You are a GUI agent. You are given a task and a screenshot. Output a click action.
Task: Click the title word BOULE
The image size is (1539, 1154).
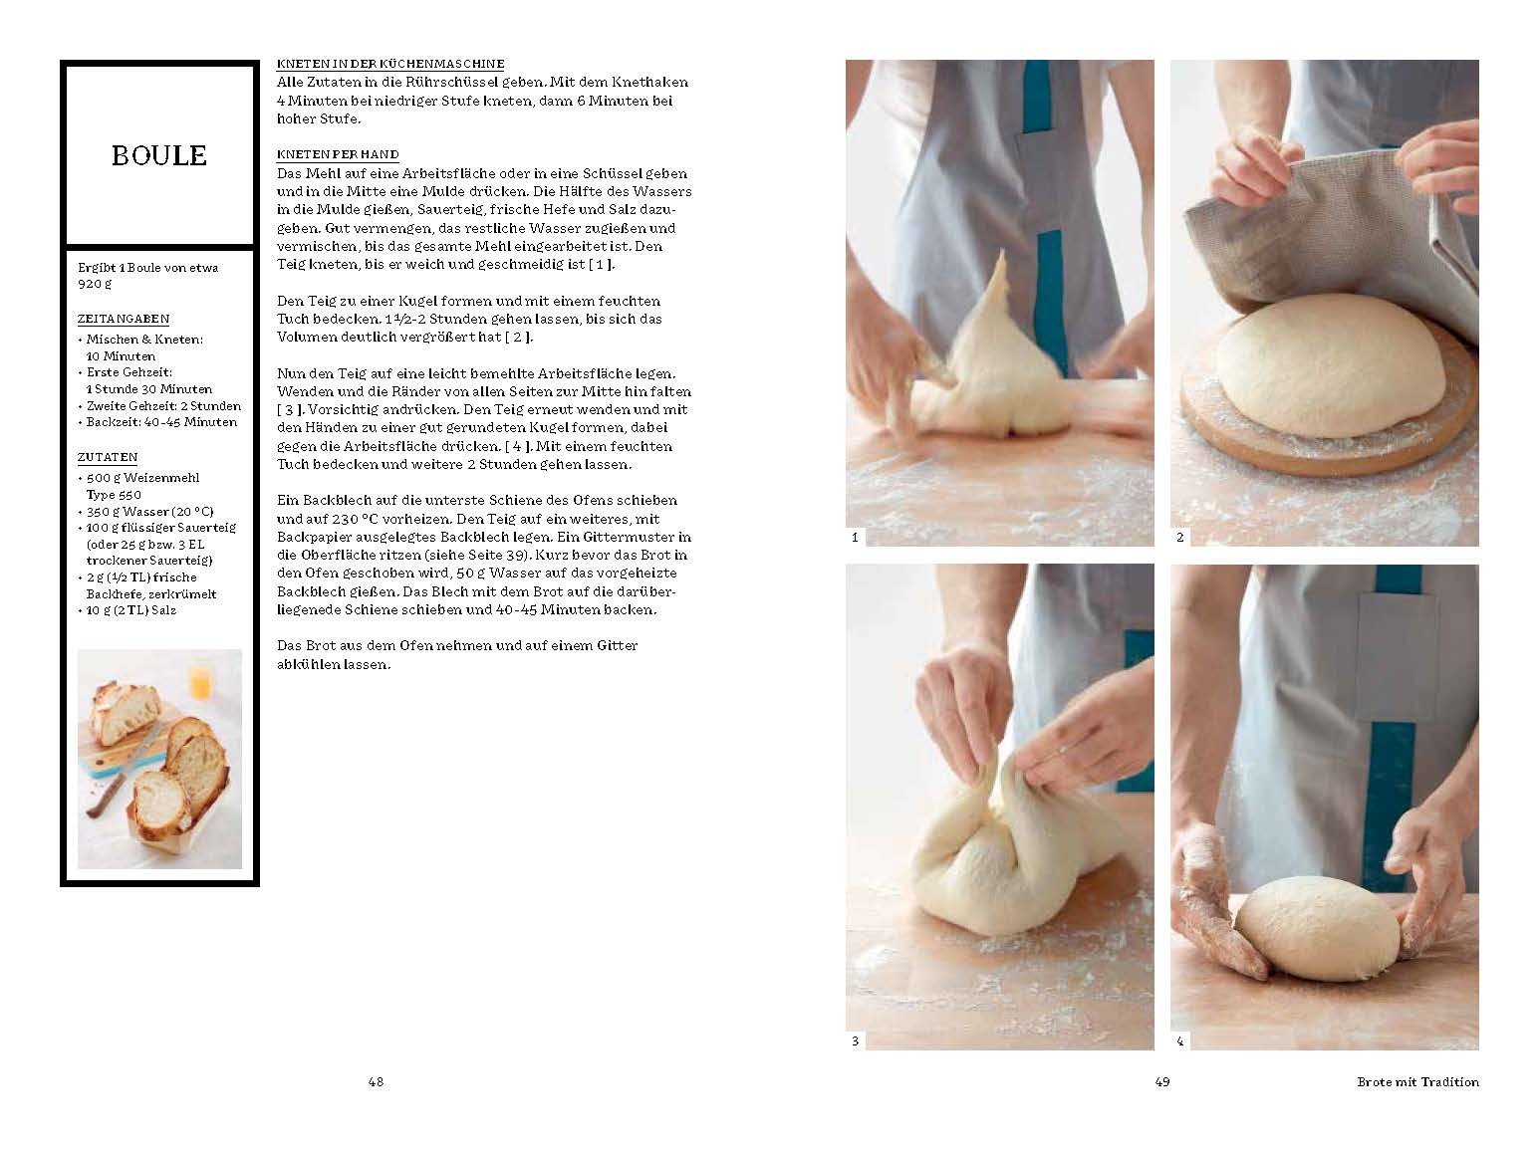coord(159,155)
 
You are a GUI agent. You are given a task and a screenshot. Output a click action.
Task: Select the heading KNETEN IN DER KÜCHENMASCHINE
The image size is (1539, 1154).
coord(390,64)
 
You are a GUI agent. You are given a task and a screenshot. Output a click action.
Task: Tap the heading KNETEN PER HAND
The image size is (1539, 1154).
coord(338,154)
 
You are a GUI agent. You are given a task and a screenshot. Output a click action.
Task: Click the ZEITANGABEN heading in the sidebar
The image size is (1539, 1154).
coord(124,319)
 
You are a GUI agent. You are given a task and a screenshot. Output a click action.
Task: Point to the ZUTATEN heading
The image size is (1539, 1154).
coord(108,457)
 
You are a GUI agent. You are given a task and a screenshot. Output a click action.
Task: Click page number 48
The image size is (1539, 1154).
coord(376,1082)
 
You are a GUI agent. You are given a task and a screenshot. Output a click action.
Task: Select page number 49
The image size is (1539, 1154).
coord(1162,1082)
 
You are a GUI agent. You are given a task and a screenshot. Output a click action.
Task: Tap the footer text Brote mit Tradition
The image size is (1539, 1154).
coord(1417,1082)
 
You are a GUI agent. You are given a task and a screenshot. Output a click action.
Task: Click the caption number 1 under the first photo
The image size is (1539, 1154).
coord(855,538)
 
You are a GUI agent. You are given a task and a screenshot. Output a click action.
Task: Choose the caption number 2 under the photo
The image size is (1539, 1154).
coord(1180,538)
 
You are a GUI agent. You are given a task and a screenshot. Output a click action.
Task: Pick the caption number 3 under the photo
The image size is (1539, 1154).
coord(855,1041)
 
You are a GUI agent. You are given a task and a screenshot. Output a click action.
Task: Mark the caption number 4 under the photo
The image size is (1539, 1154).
coord(1180,1041)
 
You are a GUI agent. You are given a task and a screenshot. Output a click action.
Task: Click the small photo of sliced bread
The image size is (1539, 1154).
coord(159,759)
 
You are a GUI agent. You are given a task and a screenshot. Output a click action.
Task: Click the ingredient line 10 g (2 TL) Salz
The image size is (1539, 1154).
coord(131,610)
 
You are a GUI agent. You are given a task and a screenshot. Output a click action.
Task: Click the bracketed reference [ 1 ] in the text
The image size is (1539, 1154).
coord(601,265)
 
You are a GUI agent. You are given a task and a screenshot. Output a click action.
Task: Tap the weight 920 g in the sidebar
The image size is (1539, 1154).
coord(95,284)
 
